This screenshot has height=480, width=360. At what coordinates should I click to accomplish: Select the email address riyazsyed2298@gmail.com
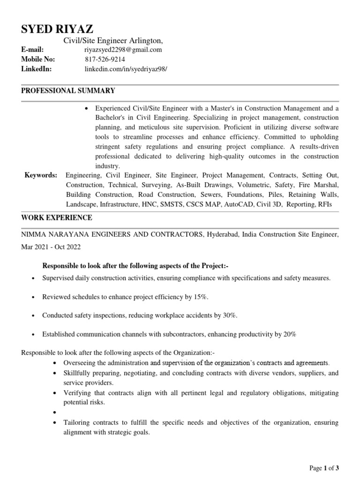pyautogui.click(x=123, y=50)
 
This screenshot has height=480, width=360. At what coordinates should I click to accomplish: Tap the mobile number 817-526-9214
pyautogui.click(x=105, y=59)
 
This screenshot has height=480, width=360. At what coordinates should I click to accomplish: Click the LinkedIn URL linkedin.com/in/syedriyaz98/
pyautogui.click(x=126, y=69)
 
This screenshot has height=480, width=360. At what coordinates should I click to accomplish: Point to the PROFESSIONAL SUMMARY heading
pyautogui.click(x=68, y=90)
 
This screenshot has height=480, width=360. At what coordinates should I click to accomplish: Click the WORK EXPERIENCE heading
pyautogui.click(x=57, y=218)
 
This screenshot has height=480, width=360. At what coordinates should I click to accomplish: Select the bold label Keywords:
pyautogui.click(x=41, y=175)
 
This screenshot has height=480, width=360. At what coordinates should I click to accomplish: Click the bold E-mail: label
pyautogui.click(x=33, y=50)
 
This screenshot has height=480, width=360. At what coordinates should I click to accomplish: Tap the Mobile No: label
pyautogui.click(x=38, y=59)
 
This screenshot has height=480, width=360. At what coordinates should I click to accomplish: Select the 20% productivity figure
pyautogui.click(x=289, y=334)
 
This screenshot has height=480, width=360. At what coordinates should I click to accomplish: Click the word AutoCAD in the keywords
pyautogui.click(x=239, y=205)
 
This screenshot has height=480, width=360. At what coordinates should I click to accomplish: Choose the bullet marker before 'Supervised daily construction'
pyautogui.click(x=33, y=278)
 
